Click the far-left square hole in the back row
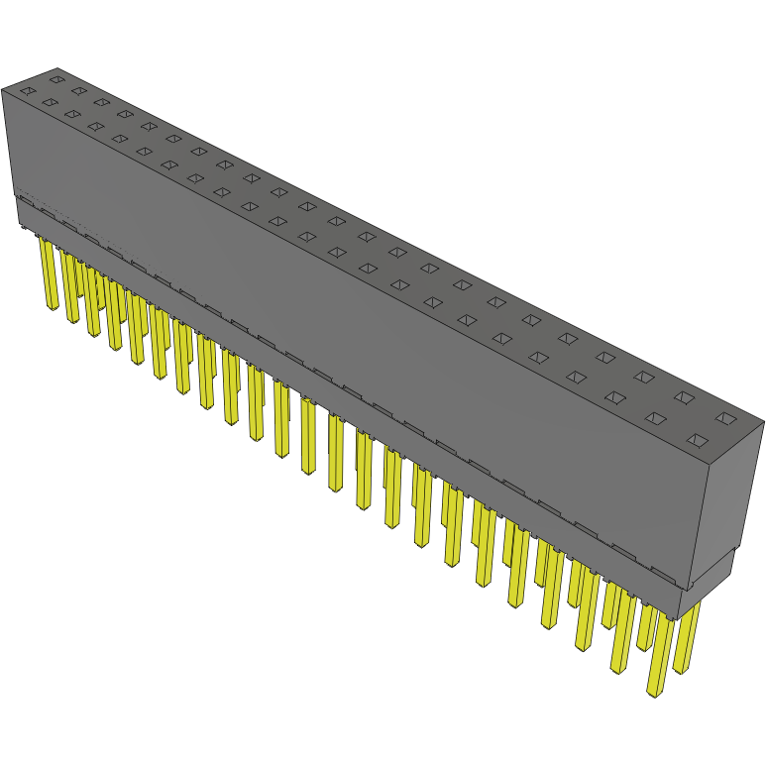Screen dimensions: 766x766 click(56, 78)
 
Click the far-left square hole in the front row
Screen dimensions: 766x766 click(27, 91)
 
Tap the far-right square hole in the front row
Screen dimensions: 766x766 click(697, 440)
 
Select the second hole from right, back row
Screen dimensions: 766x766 click(684, 397)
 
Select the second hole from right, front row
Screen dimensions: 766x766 click(655, 418)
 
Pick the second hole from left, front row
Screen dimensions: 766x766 click(49, 102)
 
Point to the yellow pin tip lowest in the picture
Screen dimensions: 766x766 click(654, 693)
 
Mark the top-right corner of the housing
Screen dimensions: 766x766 click(762, 423)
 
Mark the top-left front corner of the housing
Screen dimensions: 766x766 click(3, 89)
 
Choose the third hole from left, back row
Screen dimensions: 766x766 click(101, 101)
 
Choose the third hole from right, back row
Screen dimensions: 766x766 click(644, 377)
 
